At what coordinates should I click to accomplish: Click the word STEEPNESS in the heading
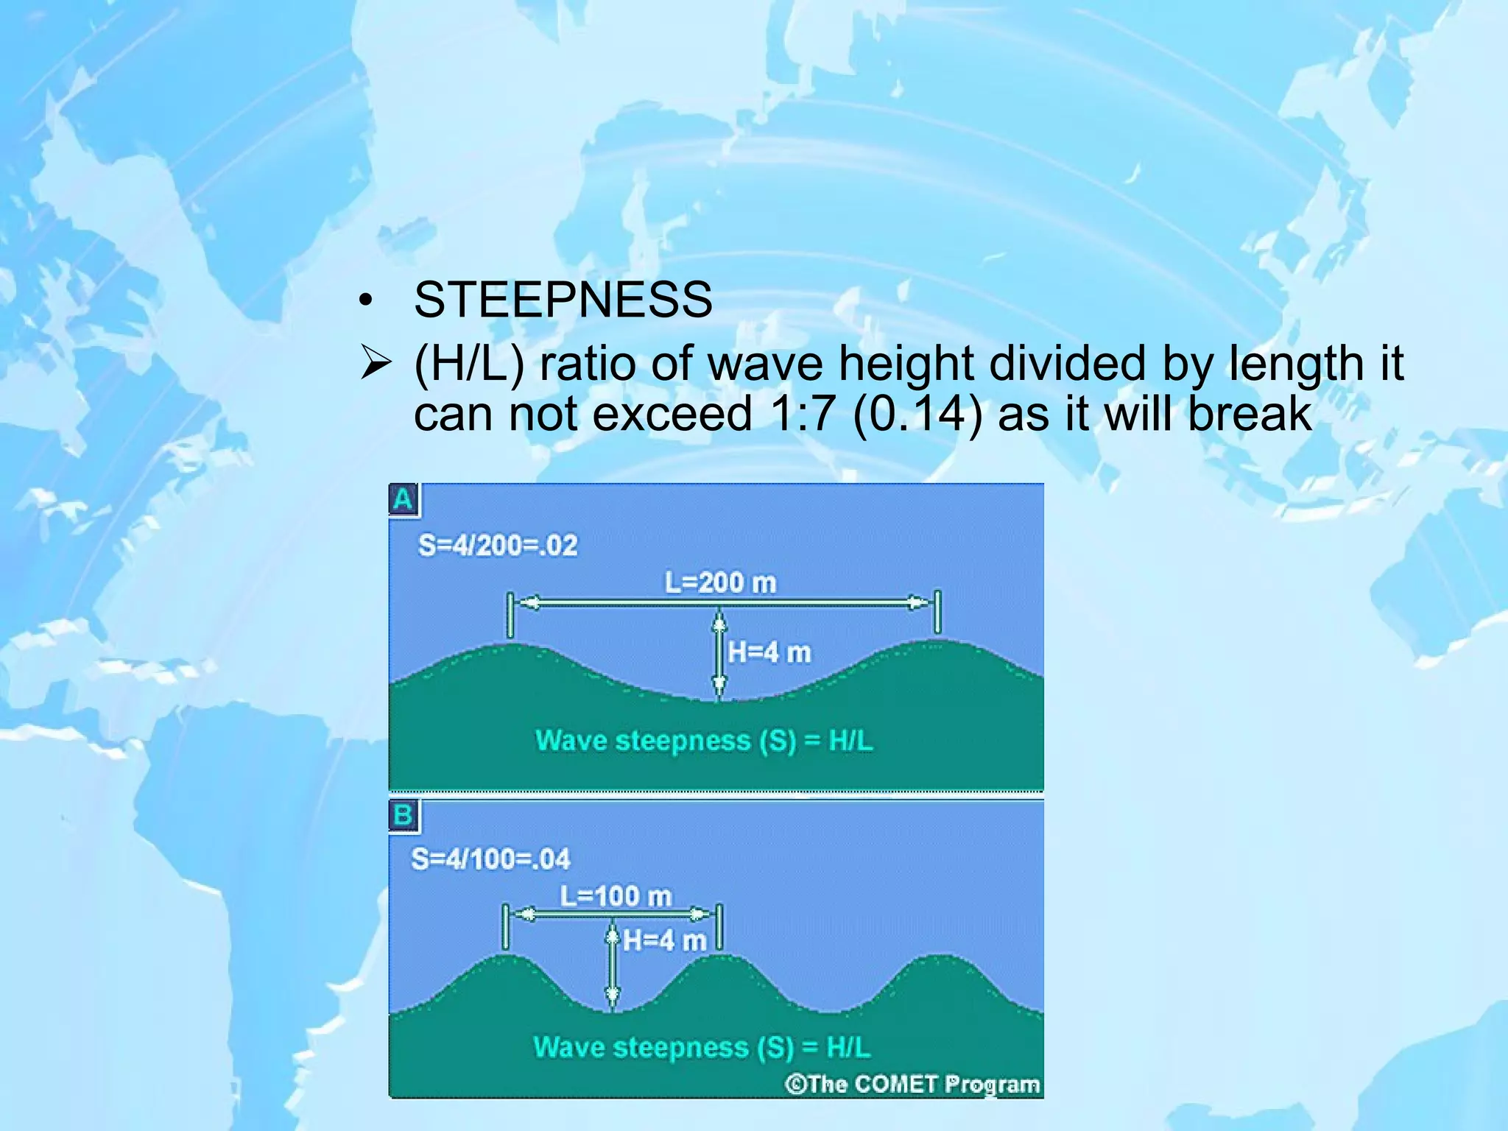point(563,300)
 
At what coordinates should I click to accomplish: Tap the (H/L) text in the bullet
point(469,364)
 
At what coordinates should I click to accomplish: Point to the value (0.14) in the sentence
point(917,413)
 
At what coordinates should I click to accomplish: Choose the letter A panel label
point(404,500)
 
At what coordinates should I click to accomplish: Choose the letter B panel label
point(404,816)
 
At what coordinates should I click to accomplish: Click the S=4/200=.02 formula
point(498,546)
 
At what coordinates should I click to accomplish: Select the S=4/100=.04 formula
point(490,859)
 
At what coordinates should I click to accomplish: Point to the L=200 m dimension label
point(720,583)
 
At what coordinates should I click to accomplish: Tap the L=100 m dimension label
point(616,896)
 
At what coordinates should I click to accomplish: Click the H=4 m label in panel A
point(769,652)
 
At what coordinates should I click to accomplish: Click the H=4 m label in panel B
point(665,940)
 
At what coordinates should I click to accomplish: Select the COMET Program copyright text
point(913,1084)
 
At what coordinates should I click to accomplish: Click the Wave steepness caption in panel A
point(704,740)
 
